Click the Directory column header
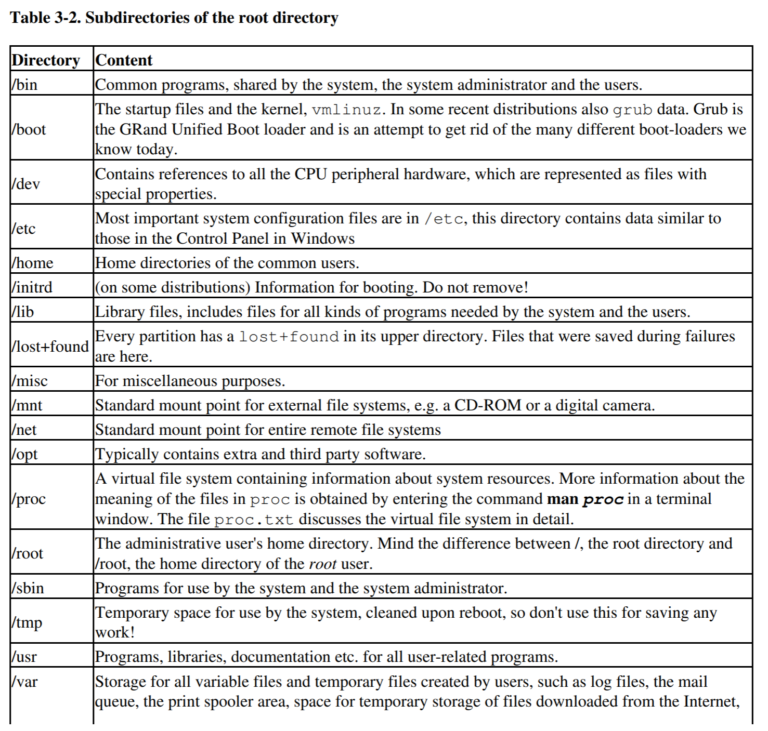coord(46,60)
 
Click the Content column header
coord(124,60)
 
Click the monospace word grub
coord(632,110)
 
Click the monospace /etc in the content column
coord(444,219)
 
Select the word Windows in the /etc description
coord(322,238)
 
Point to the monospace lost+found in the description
coord(289,337)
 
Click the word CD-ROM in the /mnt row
coord(487,405)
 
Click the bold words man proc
coord(585,499)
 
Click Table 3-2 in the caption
coord(45,18)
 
